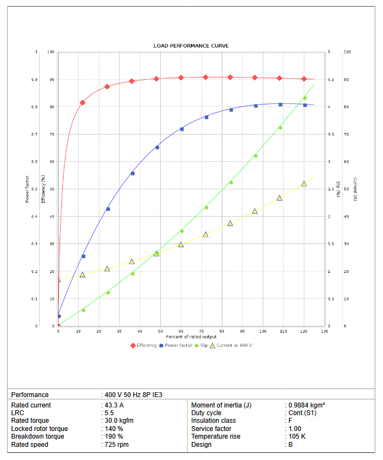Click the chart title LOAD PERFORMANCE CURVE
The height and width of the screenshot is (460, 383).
[x=191, y=45]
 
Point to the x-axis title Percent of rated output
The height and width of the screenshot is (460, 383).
[x=191, y=337]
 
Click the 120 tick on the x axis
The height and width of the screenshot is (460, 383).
[x=304, y=331]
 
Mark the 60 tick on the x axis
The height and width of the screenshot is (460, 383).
[x=181, y=331]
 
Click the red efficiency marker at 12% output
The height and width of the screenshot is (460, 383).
[x=83, y=103]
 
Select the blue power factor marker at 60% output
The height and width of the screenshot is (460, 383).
[x=182, y=129]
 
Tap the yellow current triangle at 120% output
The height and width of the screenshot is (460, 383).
[x=304, y=184]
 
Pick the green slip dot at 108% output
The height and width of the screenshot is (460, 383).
[x=280, y=128]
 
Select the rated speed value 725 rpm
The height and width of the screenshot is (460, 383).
[x=117, y=445]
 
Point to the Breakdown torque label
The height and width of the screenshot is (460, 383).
[x=38, y=437]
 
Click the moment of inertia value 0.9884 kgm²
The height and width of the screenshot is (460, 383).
[x=307, y=405]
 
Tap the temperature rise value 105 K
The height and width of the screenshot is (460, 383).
[x=297, y=437]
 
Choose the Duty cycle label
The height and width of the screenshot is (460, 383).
[x=207, y=413]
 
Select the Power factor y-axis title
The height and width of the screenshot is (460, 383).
[x=27, y=189]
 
